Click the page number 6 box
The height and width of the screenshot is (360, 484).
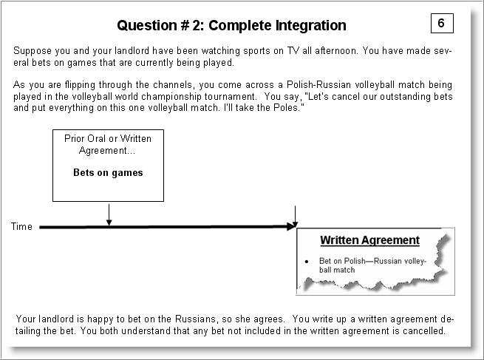441,23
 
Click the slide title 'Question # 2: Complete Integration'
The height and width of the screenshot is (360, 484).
231,25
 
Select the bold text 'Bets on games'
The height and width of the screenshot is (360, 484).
108,173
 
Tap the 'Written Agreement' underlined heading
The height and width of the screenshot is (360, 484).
369,240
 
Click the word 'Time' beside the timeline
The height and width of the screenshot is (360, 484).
21,227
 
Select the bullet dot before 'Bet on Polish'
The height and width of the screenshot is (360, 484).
306,262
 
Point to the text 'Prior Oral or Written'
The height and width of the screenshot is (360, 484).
108,139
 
